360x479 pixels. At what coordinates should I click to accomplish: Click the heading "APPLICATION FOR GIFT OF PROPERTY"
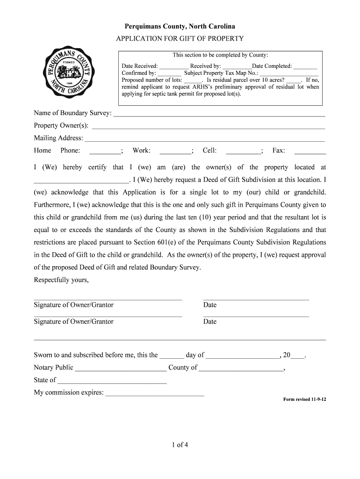(x=180, y=38)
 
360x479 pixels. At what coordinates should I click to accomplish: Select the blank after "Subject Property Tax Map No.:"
(x=289, y=73)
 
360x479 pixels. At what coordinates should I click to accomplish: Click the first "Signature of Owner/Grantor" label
(x=73, y=305)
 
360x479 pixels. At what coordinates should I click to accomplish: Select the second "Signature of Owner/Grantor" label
(x=73, y=322)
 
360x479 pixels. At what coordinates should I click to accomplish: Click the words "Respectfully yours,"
(x=61, y=280)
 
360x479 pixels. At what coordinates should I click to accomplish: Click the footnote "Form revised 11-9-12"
(x=305, y=400)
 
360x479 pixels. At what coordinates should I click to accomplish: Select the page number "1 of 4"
(x=180, y=445)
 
